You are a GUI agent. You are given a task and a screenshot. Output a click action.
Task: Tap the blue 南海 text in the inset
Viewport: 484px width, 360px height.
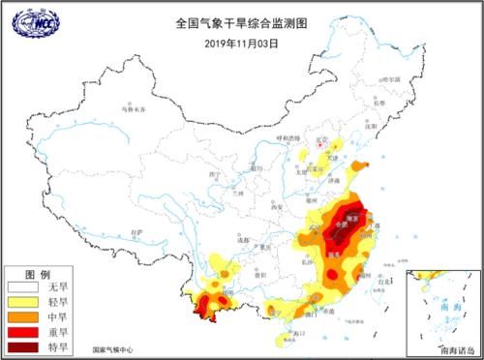pos(448,304)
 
